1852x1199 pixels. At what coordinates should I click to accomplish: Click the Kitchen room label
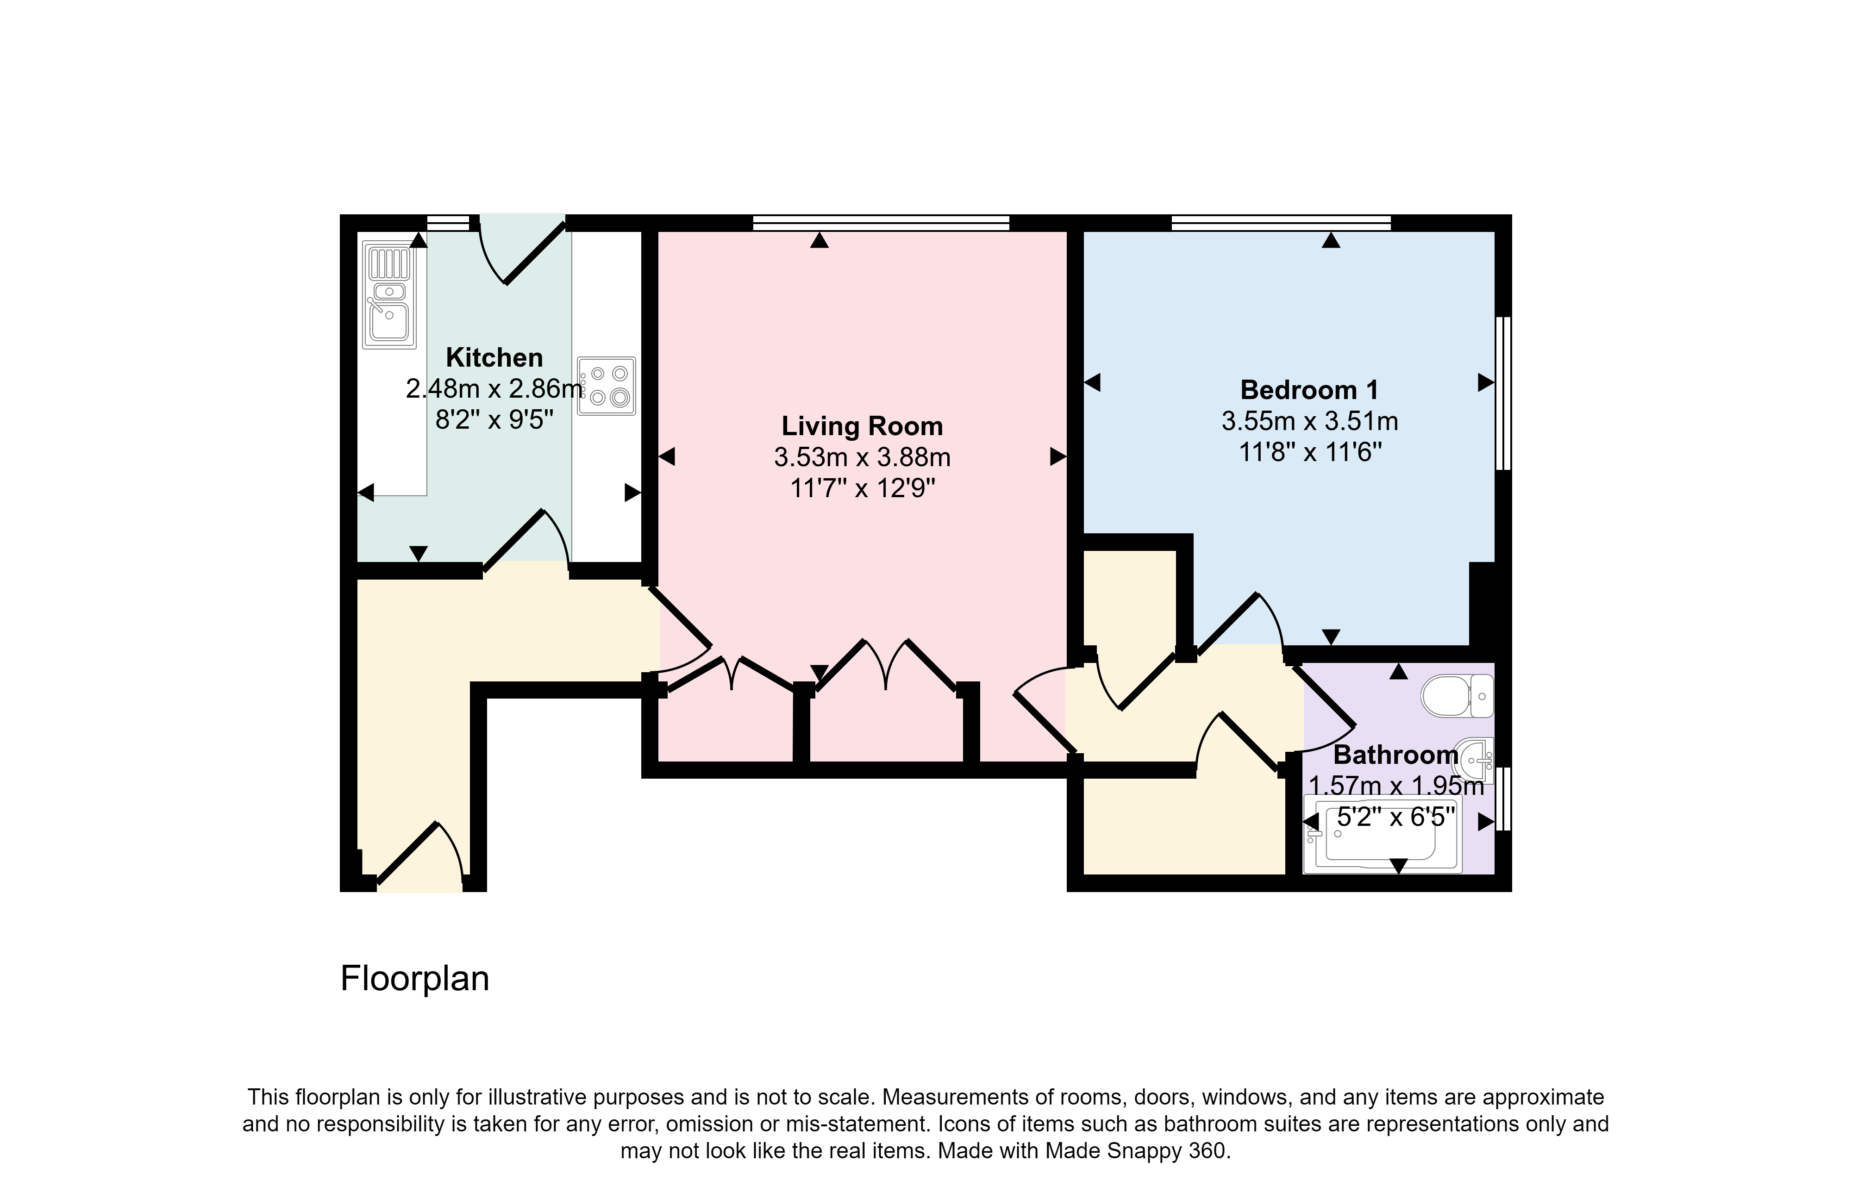[x=494, y=358]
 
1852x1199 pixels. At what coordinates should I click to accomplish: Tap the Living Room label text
[x=862, y=426]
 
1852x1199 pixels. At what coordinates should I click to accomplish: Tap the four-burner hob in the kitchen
[x=606, y=386]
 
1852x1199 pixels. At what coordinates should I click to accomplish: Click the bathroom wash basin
[x=1473, y=759]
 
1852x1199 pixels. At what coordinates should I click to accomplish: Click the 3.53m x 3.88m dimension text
[x=862, y=457]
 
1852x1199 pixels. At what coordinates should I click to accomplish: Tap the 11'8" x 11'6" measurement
[x=1310, y=452]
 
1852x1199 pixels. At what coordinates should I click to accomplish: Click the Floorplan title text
[x=415, y=979]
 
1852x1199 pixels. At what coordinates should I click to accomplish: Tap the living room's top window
[x=881, y=223]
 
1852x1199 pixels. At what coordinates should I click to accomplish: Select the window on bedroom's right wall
[x=1503, y=393]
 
